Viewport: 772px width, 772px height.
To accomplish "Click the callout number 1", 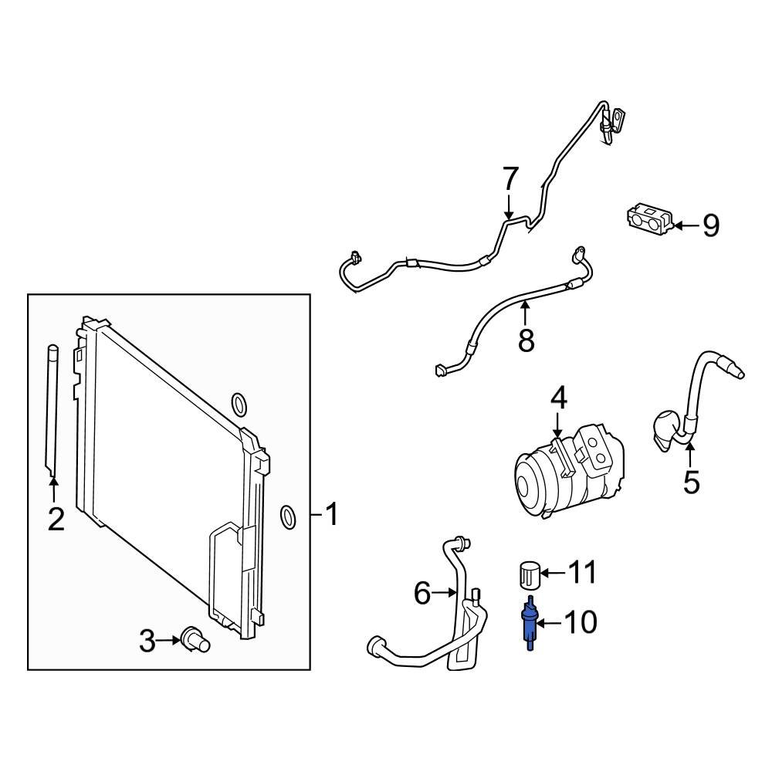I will [x=331, y=514].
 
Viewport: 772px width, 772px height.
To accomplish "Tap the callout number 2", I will [x=55, y=520].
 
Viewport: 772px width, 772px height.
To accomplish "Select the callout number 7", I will [x=510, y=179].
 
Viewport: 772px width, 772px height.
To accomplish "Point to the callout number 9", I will [x=709, y=225].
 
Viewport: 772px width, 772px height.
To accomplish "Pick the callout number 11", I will [x=582, y=573].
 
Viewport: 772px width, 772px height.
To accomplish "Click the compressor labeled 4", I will [x=567, y=471].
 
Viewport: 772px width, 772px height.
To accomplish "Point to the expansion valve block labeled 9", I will [x=648, y=219].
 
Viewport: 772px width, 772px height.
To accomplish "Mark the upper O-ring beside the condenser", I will [x=239, y=404].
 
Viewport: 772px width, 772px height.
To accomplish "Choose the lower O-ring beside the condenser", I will [x=287, y=517].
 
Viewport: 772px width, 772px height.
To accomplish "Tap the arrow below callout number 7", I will [x=510, y=207].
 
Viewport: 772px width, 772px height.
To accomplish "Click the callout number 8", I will [x=526, y=340].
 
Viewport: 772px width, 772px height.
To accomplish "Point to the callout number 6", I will [x=422, y=593].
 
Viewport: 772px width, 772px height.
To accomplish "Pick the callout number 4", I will [x=558, y=399].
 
